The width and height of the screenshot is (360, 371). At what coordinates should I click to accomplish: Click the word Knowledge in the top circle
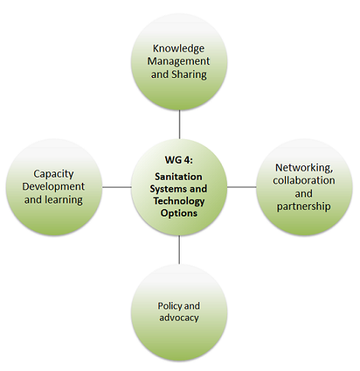coord(179,49)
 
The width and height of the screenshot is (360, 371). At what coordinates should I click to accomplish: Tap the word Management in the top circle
coord(179,61)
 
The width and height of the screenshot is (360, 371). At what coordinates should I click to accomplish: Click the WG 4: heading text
coord(179,160)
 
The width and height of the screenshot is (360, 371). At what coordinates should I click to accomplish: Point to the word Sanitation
coord(179,177)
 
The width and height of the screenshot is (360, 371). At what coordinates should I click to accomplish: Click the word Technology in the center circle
coord(179,201)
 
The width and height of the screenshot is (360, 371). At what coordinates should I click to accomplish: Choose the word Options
coord(179,213)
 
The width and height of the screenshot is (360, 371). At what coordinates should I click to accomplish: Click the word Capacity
coord(54,174)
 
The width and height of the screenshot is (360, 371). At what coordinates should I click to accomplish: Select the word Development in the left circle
coord(54,187)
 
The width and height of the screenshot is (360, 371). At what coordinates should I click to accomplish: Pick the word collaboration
coord(304,181)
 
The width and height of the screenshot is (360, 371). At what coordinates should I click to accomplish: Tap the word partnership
coord(303,207)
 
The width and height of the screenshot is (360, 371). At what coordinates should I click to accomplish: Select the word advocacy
coord(179,318)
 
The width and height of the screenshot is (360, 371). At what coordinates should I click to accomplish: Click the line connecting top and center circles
coord(180,124)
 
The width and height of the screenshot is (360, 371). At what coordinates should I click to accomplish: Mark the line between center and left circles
coord(117,187)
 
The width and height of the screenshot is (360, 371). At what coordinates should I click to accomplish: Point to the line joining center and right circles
coord(242,187)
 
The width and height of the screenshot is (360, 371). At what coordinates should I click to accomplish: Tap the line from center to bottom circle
coord(179,249)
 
